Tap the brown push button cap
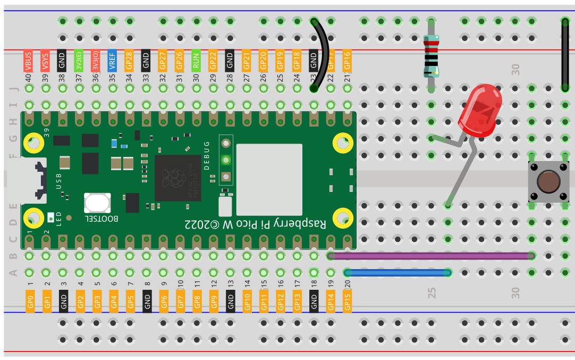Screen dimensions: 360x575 [548, 181]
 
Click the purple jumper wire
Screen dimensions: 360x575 [430, 256]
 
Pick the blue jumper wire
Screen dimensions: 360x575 [397, 273]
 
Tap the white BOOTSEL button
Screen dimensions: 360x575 [97, 203]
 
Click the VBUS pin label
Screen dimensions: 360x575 [29, 61]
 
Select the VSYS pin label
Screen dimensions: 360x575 [45, 61]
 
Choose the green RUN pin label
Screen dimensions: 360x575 [196, 61]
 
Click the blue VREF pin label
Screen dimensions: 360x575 [112, 61]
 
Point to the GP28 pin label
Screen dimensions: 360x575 [129, 61]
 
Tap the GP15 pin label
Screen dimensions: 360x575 [348, 301]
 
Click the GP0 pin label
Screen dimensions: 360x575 [30, 301]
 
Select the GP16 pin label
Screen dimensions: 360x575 [347, 60]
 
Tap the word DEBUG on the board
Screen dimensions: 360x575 [207, 155]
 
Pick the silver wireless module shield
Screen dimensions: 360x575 [269, 172]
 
